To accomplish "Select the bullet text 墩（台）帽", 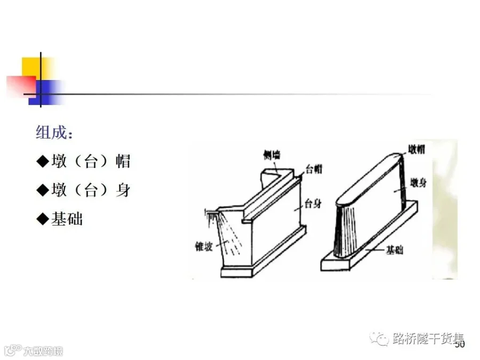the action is coord(91,161).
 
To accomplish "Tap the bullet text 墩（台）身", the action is coord(91,190).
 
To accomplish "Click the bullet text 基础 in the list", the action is coord(67,219).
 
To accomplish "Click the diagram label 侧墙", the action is coord(271,155).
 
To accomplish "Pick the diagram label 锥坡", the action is coord(206,246).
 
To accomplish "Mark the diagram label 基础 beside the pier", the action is coord(395,250).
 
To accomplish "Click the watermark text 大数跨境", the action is coord(43,351).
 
